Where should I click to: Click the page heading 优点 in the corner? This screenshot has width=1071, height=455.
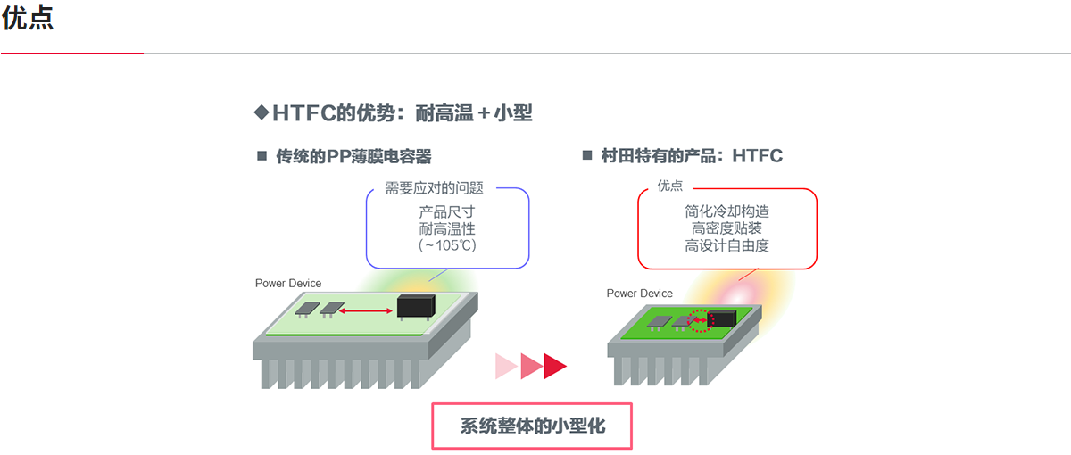pos(28,19)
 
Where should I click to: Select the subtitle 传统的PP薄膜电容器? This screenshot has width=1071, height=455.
pos(353,157)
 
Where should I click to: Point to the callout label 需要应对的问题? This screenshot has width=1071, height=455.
pos(434,188)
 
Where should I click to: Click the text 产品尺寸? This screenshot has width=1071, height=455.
pos(446,212)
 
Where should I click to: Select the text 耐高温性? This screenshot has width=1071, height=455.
pos(446,228)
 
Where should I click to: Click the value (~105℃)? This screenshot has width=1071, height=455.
pos(446,245)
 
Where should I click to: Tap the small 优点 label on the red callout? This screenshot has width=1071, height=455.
pos(670,186)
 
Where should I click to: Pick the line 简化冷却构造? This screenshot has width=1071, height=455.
pos(726,212)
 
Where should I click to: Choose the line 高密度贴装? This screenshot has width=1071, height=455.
pos(726,228)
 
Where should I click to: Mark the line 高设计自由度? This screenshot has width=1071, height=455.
pos(726,245)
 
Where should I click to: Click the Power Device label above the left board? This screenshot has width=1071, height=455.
pos(288,284)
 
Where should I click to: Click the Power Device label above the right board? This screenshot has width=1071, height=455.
pos(640,294)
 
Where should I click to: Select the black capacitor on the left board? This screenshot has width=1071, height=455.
pos(417,306)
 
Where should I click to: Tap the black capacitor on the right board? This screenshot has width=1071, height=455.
pos(722,318)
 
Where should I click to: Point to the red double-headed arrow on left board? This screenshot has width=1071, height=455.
pos(368,310)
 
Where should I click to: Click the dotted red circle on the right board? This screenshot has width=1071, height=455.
pos(701,320)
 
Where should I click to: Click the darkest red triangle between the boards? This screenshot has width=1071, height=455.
pos(554,366)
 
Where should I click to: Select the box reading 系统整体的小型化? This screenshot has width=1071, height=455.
pos(532,426)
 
